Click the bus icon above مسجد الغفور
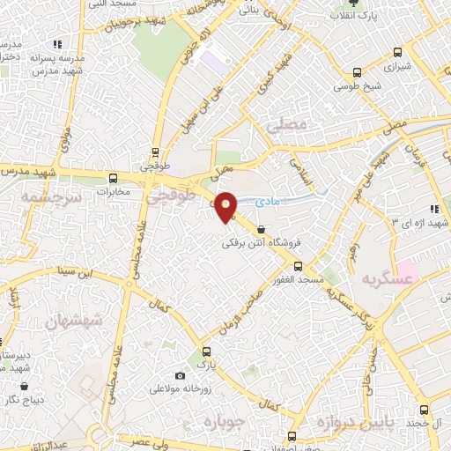[298, 265]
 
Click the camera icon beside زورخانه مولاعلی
[181, 375]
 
